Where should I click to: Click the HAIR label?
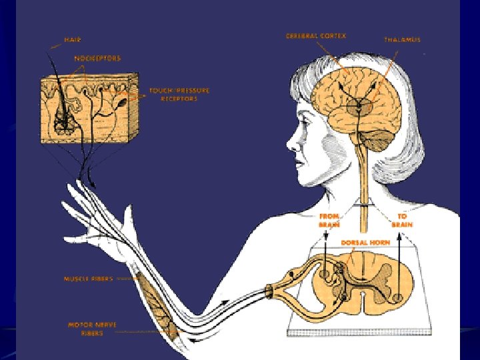(72, 40)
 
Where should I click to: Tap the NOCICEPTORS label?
(98, 59)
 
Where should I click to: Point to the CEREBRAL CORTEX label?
(315, 35)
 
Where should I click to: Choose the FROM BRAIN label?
(330, 221)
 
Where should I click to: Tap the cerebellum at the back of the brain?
(379, 139)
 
